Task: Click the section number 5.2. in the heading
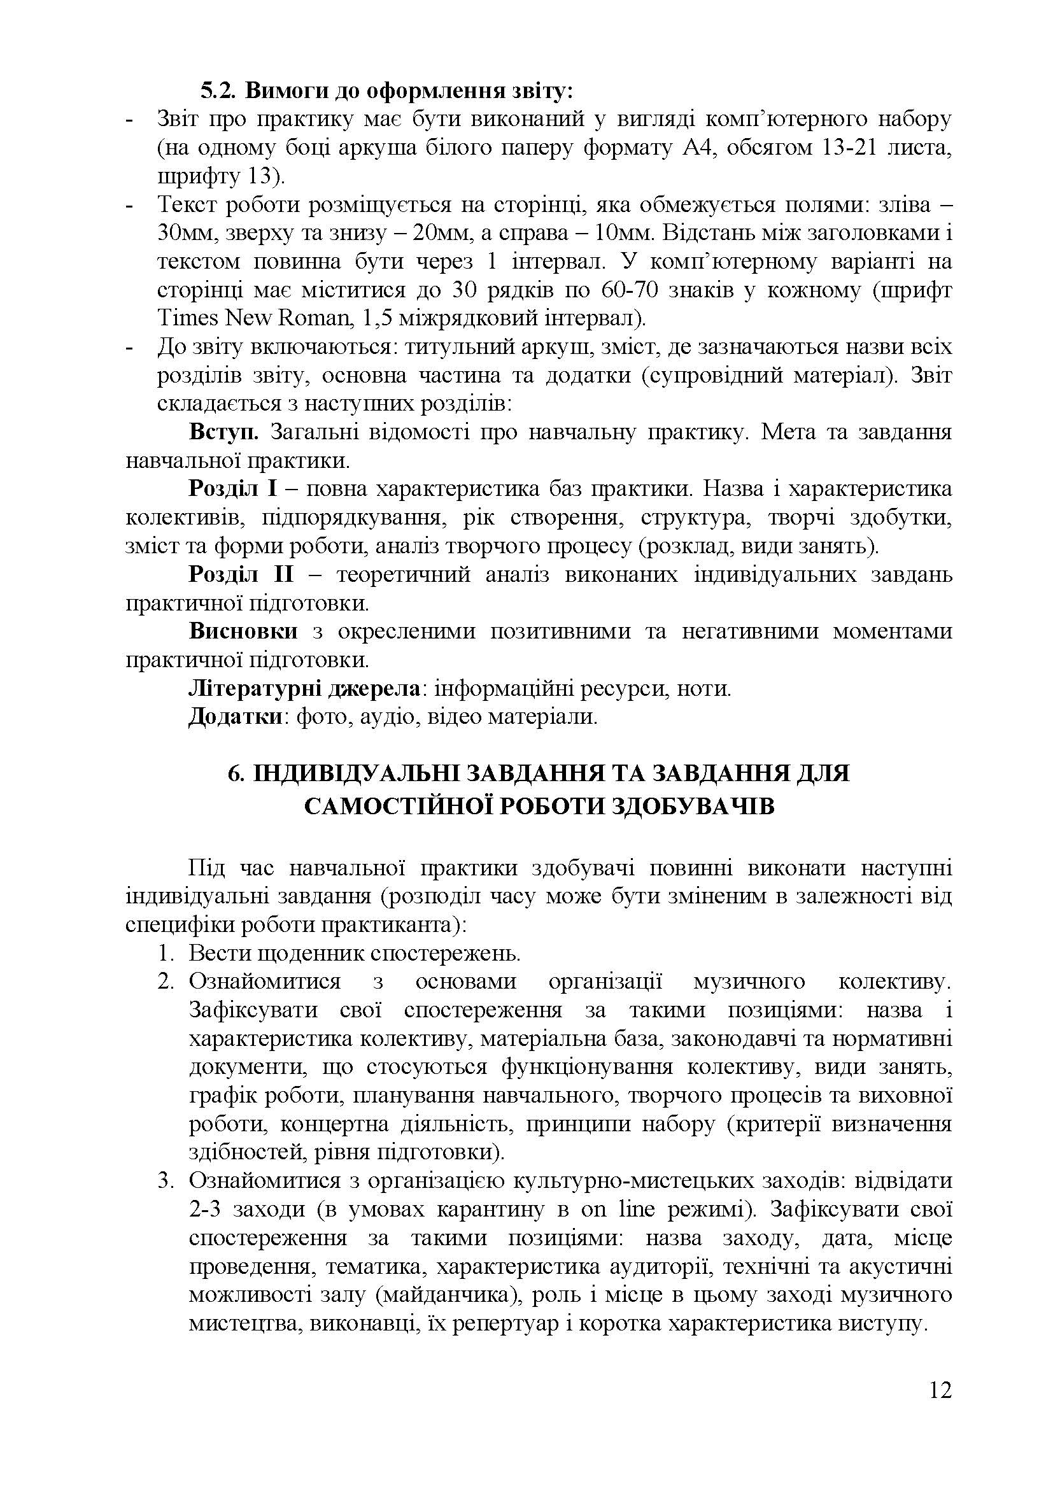(219, 91)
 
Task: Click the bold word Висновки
(243, 631)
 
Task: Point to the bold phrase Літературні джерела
(304, 688)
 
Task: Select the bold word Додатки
(236, 717)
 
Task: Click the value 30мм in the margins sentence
(183, 234)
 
